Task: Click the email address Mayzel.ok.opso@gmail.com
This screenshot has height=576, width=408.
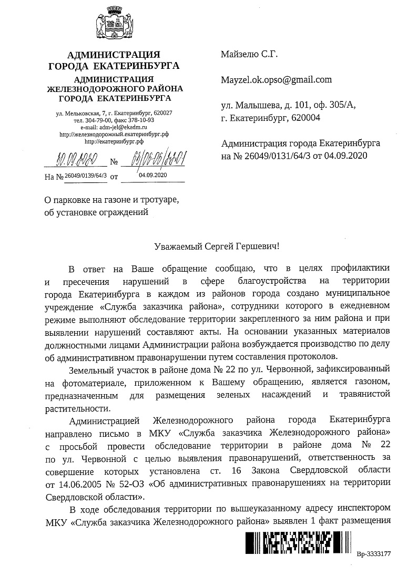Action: (277, 80)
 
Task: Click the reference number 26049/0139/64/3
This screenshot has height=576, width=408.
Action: (86, 176)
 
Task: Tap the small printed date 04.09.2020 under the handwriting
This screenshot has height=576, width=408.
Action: (152, 175)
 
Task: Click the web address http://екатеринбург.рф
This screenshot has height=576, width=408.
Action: (114, 141)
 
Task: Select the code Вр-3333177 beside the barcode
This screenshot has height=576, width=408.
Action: (374, 554)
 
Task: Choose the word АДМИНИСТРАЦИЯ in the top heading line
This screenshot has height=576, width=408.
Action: (114, 55)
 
